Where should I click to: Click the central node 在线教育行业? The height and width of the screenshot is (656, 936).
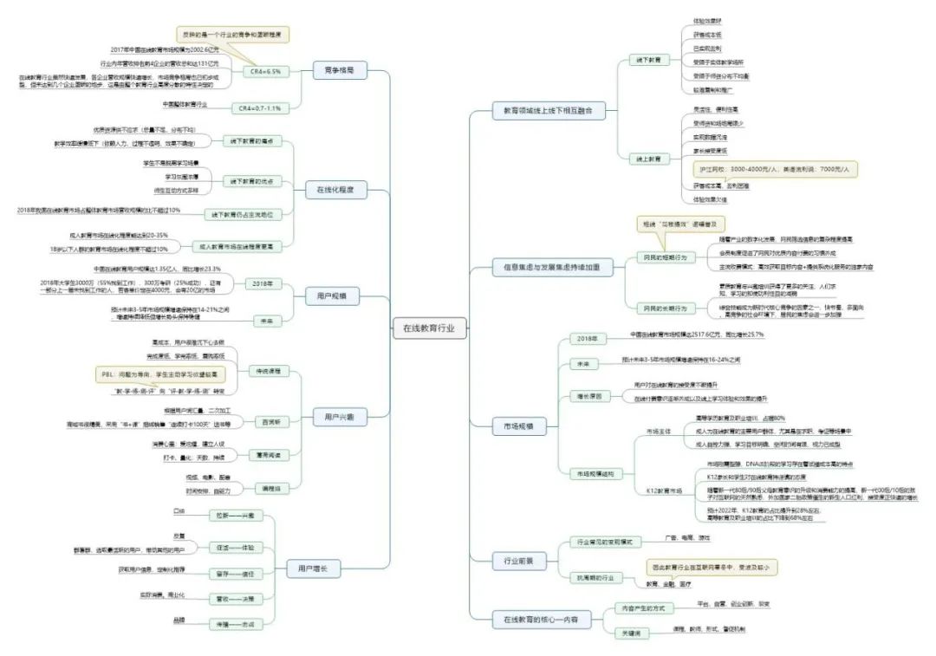(429, 328)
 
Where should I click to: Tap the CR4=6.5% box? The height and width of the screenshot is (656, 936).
(265, 71)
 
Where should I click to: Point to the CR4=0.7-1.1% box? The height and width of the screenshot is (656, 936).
(265, 108)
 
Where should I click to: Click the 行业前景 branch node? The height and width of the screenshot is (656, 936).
(512, 561)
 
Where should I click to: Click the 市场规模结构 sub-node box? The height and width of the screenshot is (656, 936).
(597, 474)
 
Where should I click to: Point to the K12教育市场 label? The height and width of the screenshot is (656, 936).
(664, 490)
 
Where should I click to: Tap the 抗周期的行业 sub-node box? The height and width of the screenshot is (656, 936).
(596, 576)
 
